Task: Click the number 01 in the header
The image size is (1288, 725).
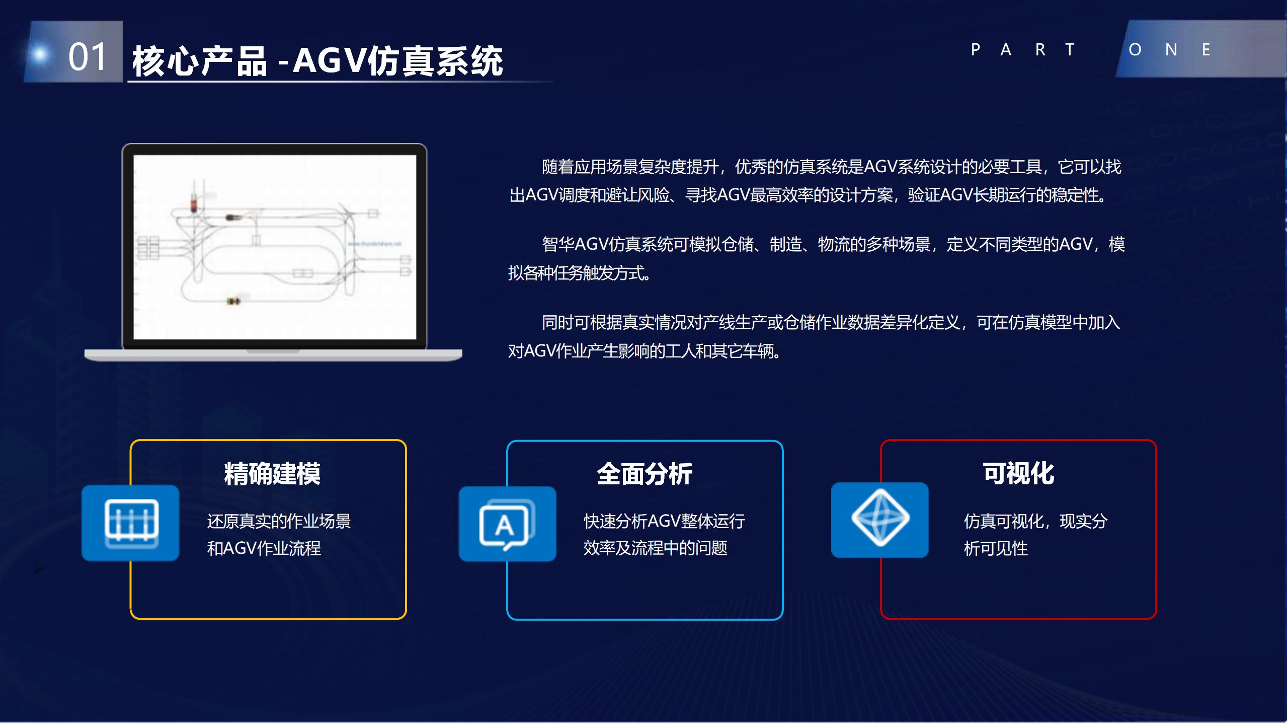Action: point(88,56)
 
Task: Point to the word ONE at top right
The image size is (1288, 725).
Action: point(1169,50)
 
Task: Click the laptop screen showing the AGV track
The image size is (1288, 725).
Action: point(275,247)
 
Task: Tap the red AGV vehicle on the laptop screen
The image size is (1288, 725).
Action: point(194,204)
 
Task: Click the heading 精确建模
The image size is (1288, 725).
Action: point(272,474)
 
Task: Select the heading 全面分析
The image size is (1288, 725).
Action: point(645,474)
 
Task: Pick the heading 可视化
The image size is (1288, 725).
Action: point(1018,473)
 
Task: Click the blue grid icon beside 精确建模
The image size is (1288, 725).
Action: point(131,523)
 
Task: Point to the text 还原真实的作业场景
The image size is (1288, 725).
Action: point(279,521)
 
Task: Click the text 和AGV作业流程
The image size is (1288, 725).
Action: point(264,548)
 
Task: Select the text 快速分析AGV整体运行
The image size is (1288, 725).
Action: point(664,521)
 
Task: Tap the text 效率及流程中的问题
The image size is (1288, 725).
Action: point(655,548)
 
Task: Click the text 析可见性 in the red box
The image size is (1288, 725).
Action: point(996,548)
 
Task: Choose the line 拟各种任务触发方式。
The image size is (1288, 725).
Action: point(580,273)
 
